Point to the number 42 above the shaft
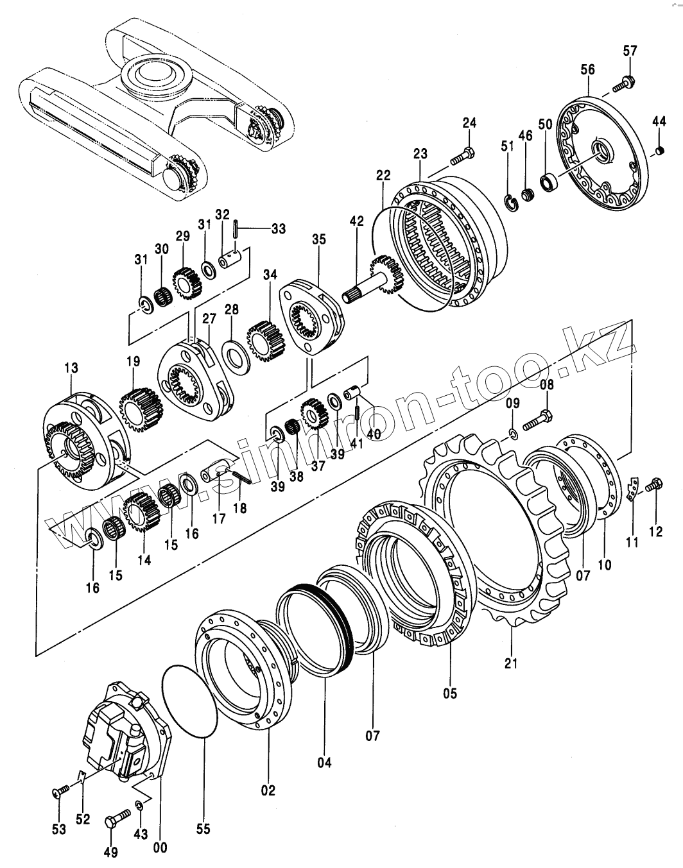357,221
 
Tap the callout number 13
71,368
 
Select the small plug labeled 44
658,151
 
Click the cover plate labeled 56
600,154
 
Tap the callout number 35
319,239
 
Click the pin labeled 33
237,228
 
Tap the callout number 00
160,847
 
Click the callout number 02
268,790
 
